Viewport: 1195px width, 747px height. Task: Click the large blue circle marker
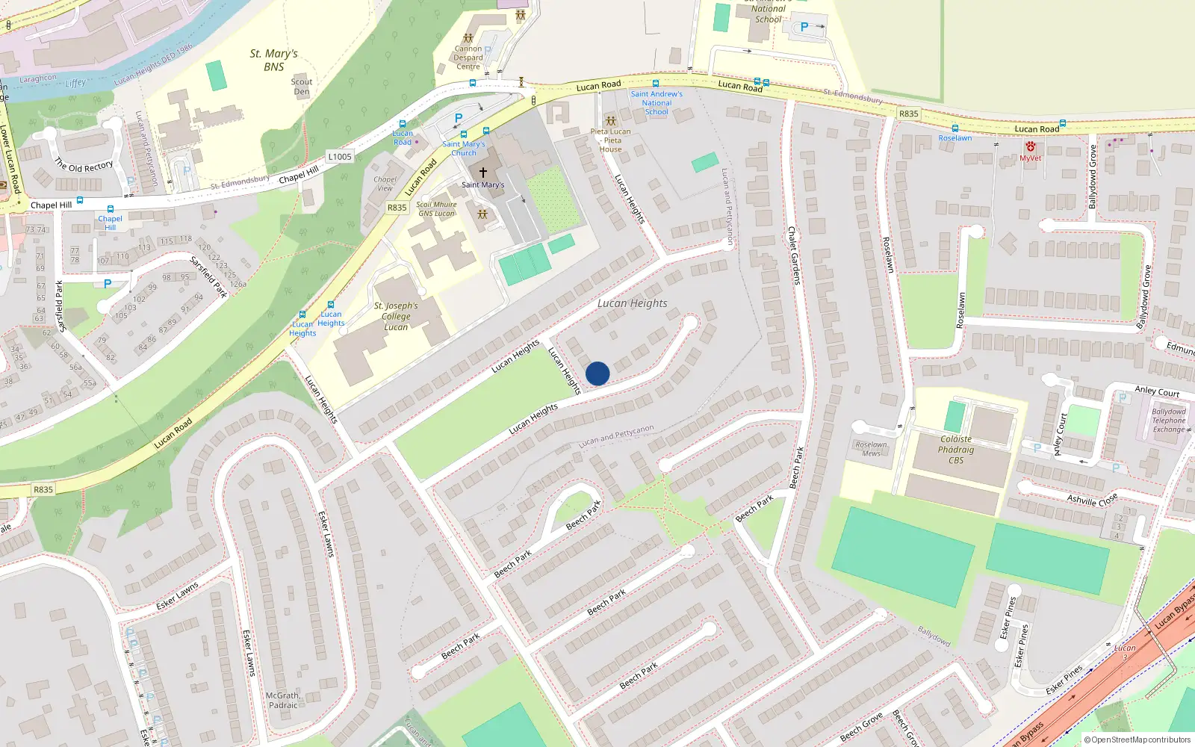[597, 373]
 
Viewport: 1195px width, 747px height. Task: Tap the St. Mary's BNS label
[273, 60]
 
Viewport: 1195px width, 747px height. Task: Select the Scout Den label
[302, 87]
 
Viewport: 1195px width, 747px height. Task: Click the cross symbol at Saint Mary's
[483, 172]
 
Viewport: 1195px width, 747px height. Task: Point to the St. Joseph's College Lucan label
[396, 316]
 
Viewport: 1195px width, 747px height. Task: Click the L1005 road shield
[340, 157]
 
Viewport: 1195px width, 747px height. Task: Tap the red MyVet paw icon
[1031, 147]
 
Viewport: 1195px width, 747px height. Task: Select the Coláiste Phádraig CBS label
[956, 450]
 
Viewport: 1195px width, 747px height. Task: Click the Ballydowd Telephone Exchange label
[1169, 421]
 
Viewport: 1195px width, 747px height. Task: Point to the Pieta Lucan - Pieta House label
[610, 140]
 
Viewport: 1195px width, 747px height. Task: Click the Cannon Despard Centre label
[468, 58]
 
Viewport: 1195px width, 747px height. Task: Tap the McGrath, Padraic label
[283, 700]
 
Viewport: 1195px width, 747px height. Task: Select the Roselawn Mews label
[872, 449]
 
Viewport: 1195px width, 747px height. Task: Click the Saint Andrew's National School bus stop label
[657, 103]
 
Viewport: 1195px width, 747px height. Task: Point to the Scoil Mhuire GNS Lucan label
[436, 209]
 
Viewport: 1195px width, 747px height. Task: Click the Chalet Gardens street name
[794, 255]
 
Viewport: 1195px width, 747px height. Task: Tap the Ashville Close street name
[1092, 500]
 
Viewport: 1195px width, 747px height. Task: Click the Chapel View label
[385, 184]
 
